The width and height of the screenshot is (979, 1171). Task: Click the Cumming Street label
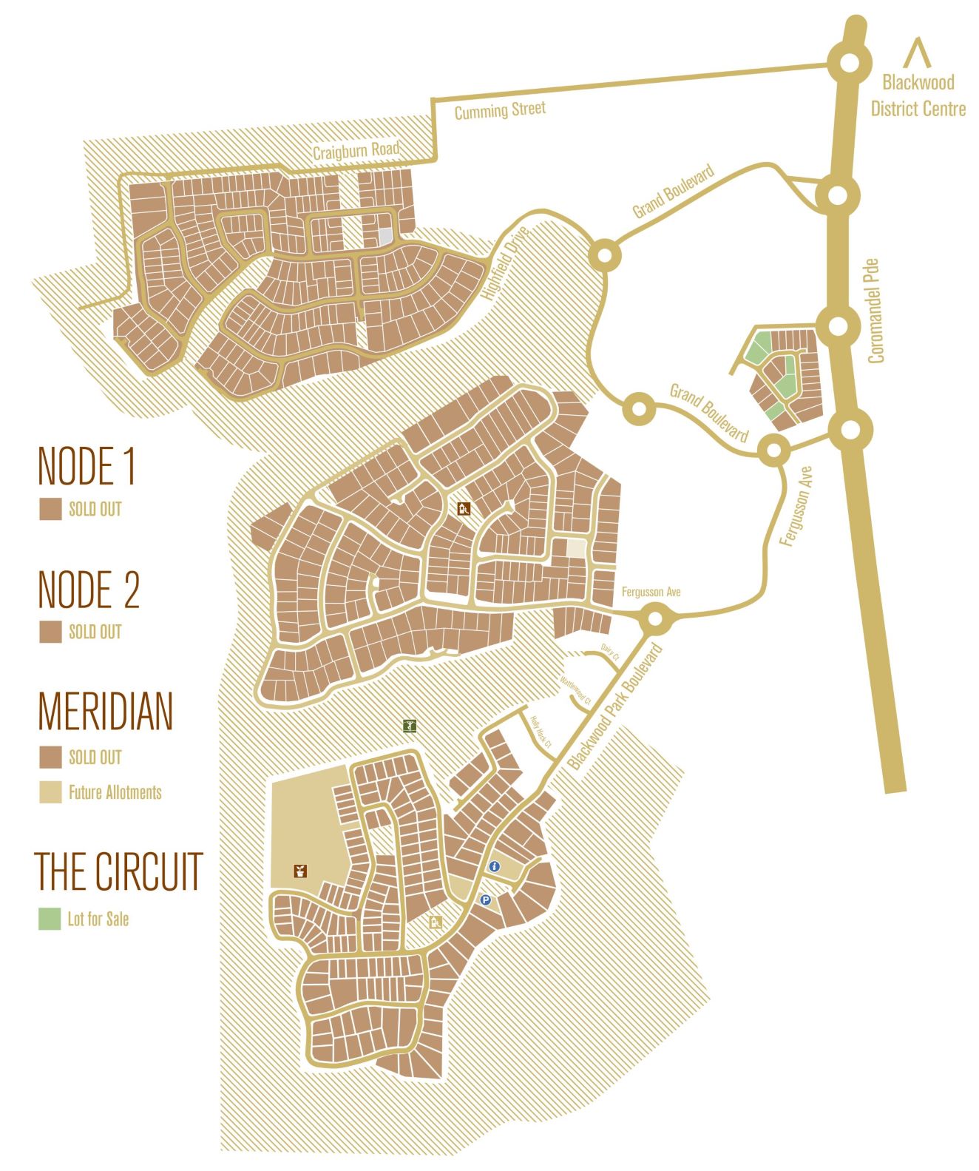(500, 111)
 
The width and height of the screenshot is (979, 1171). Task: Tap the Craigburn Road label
(356, 150)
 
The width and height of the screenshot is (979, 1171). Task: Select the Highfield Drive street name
(506, 263)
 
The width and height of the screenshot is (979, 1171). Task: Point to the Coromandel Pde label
(875, 311)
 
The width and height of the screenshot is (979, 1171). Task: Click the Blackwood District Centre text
(918, 95)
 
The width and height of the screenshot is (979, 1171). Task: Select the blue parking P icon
(485, 900)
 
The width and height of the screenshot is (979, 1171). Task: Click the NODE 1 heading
(87, 466)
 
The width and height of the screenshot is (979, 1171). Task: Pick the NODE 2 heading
(89, 590)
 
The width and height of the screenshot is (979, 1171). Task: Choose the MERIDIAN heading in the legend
(105, 711)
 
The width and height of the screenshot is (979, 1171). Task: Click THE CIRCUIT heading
(118, 871)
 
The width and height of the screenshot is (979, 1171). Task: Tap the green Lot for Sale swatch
(50, 919)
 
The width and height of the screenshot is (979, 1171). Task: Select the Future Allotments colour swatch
(50, 792)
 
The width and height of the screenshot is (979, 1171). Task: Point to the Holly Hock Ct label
(541, 732)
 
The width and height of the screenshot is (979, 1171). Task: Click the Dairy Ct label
(609, 652)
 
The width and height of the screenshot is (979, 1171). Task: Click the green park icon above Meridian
(410, 726)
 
